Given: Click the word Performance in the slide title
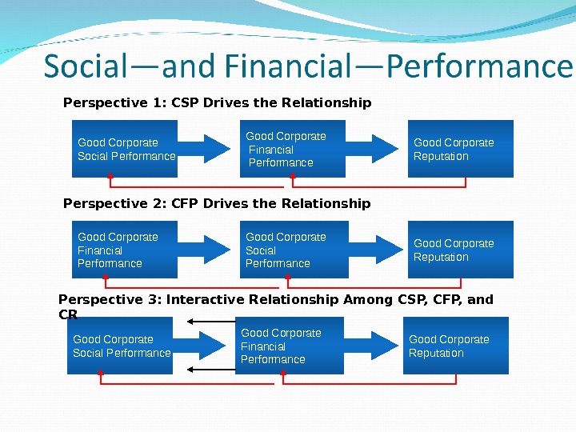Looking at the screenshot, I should (479, 67).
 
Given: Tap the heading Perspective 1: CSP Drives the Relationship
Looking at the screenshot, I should (217, 103).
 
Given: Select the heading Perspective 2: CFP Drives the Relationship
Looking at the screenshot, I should (217, 204).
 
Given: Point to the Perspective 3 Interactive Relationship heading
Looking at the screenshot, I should (276, 300).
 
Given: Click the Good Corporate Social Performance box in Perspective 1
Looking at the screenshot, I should (125, 149).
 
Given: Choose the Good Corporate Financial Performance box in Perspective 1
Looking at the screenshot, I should (293, 149).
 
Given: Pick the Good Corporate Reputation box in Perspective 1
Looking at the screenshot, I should (461, 149).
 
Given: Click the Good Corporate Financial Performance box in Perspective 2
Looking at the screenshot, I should (125, 250).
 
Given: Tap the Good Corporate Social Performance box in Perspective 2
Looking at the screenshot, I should (293, 250).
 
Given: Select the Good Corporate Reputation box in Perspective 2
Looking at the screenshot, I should (461, 250).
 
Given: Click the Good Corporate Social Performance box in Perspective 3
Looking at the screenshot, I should (120, 346).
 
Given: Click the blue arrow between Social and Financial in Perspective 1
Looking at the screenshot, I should (208, 148).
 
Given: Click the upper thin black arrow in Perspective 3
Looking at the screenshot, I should (213, 322).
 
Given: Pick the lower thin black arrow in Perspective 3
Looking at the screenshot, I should (213, 370).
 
